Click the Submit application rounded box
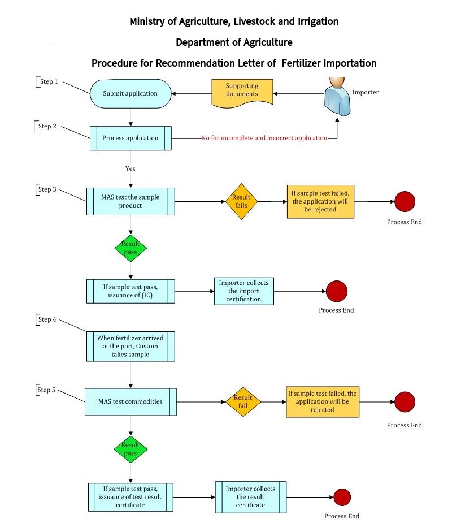click(131, 93)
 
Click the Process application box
click(131, 138)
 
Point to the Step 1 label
click(48, 82)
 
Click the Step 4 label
click(47, 320)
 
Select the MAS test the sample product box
click(131, 201)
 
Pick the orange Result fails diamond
click(241, 201)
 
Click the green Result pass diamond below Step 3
click(131, 248)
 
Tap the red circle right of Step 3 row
click(405, 201)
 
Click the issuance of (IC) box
click(131, 291)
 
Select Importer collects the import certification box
click(244, 291)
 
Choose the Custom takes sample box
click(131, 346)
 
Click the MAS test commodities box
click(131, 402)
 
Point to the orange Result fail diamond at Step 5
click(243, 402)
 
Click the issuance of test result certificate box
click(131, 496)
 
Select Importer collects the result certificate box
click(250, 496)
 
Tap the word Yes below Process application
click(131, 168)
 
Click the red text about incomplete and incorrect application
click(264, 138)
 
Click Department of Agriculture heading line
click(234, 42)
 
